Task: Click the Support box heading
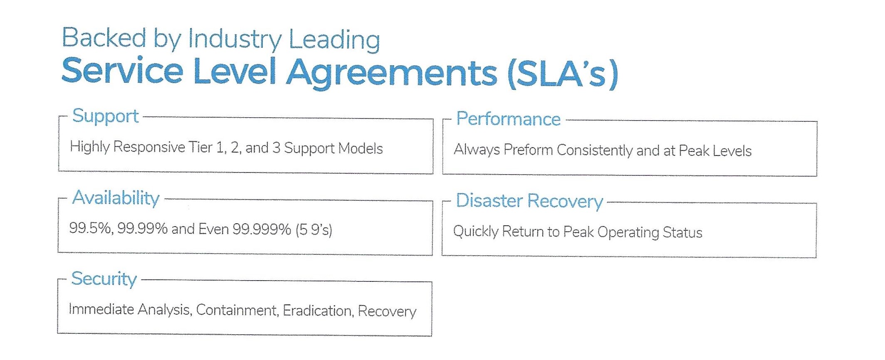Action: click(x=105, y=116)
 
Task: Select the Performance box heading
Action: click(x=508, y=119)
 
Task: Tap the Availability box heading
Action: click(x=116, y=198)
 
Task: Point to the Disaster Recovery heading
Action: click(x=529, y=201)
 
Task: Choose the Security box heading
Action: click(x=104, y=279)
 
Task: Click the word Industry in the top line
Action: click(x=235, y=39)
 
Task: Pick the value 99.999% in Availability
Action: click(x=262, y=229)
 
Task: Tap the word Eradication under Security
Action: click(x=317, y=311)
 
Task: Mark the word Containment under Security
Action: click(x=237, y=310)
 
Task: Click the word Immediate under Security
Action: click(x=101, y=309)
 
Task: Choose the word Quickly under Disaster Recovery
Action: click(x=475, y=231)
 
